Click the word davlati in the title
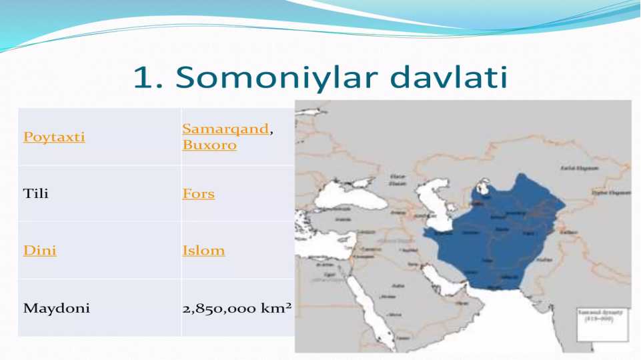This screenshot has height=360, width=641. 449,78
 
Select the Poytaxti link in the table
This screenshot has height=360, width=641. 54,137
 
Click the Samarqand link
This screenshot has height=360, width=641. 225,129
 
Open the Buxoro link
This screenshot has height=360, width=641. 209,145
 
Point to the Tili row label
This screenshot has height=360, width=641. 36,194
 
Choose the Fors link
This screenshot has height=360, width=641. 199,194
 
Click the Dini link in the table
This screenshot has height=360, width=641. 39,251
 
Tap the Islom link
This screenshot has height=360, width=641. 203,251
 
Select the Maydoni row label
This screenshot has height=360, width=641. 57,309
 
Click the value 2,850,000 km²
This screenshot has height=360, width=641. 237,309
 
